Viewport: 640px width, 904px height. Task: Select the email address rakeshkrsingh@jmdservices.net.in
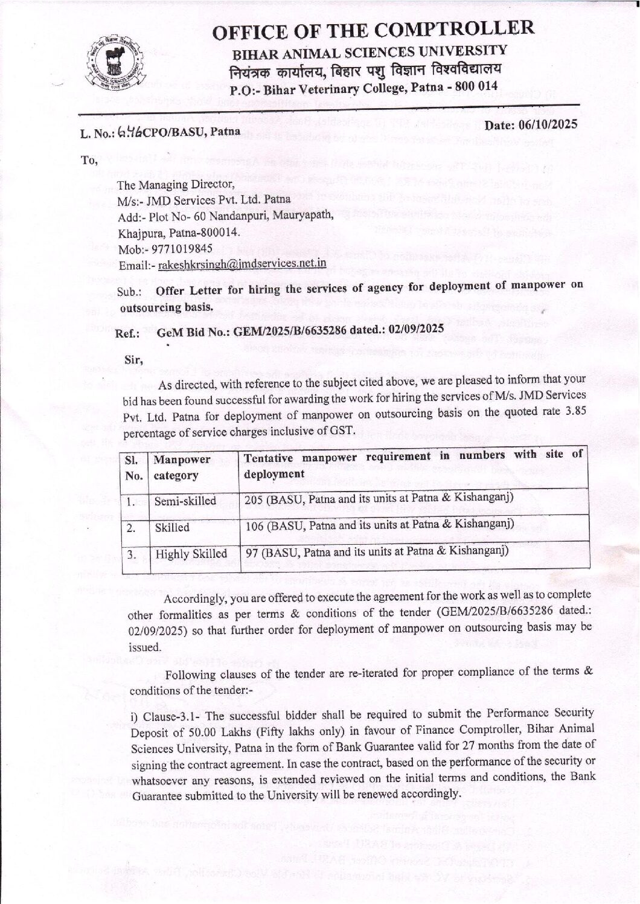(242, 264)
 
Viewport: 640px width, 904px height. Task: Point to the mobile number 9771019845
(185, 248)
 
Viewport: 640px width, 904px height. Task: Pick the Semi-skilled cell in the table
(185, 501)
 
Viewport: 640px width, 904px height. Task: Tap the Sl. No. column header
(133, 467)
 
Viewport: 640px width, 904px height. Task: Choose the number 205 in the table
(254, 498)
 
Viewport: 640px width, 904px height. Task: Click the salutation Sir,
(133, 361)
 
